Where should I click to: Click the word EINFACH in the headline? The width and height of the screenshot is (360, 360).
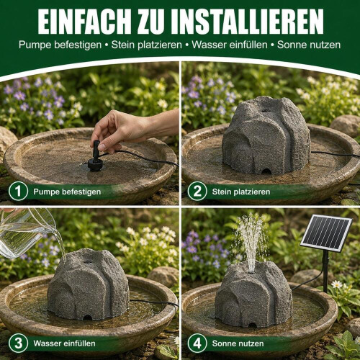(x=84, y=22)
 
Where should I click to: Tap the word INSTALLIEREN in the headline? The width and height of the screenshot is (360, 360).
(x=247, y=22)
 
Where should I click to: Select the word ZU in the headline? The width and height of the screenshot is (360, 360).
(x=151, y=22)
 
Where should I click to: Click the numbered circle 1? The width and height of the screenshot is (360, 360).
(x=18, y=192)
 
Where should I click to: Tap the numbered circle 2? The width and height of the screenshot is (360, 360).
(x=197, y=192)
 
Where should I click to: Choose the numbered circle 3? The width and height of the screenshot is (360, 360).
(x=18, y=343)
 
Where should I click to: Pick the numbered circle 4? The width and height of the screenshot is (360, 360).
(x=197, y=343)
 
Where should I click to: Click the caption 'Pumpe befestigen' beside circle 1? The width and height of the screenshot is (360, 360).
(x=67, y=192)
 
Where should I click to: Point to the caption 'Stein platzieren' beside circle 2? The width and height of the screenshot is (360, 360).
(x=241, y=192)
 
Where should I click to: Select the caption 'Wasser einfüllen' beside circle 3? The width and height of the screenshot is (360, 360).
(x=64, y=343)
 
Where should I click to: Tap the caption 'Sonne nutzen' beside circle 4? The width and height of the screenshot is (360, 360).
(x=238, y=343)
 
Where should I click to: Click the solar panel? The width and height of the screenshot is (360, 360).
(x=326, y=233)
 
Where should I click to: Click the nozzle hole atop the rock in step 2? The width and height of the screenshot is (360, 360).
(x=266, y=111)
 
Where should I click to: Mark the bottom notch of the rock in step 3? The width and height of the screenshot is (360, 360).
(x=87, y=318)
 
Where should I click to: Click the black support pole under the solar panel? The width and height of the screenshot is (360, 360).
(x=325, y=272)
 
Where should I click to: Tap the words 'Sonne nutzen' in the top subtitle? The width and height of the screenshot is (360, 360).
(x=309, y=45)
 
